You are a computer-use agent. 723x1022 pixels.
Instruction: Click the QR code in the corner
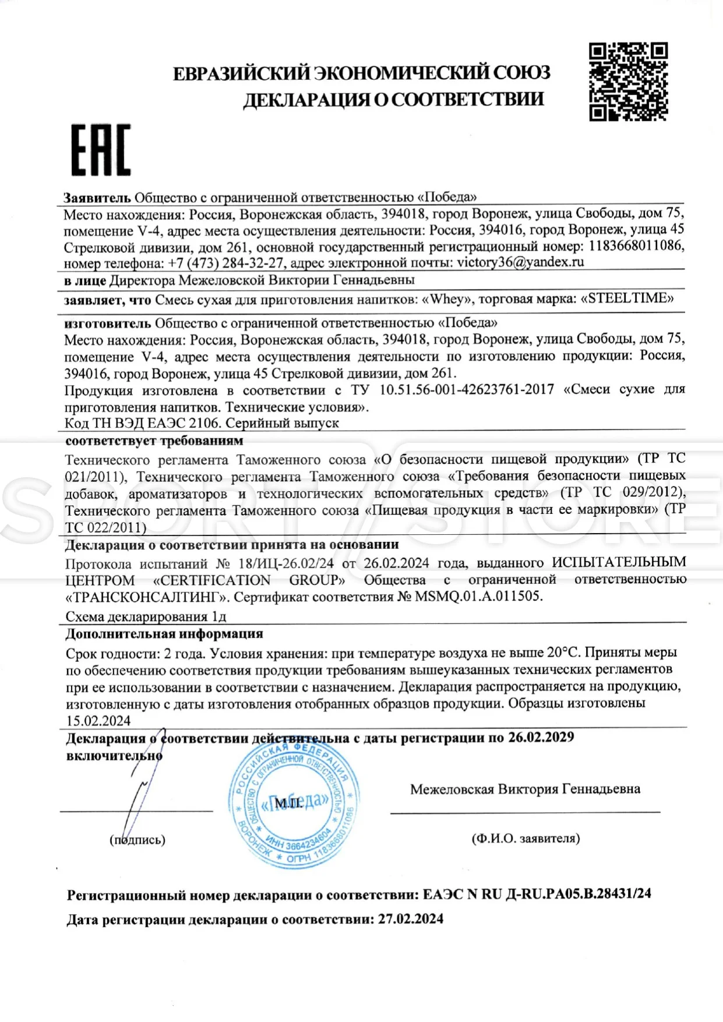pyautogui.click(x=627, y=81)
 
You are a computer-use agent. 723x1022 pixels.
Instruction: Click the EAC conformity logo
pyautogui.click(x=101, y=150)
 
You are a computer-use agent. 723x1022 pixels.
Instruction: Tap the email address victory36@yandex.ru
pyautogui.click(x=520, y=262)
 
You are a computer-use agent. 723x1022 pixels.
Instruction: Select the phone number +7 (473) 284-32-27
pyautogui.click(x=226, y=263)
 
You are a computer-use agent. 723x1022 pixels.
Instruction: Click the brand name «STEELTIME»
pyautogui.click(x=627, y=299)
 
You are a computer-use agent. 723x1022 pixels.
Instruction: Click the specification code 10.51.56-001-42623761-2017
pyautogui.click(x=467, y=389)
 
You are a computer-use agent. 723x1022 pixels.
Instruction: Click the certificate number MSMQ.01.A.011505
pyautogui.click(x=478, y=596)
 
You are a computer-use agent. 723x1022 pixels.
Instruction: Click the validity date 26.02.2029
pyautogui.click(x=541, y=738)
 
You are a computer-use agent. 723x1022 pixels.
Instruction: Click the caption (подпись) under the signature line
pyautogui.click(x=137, y=840)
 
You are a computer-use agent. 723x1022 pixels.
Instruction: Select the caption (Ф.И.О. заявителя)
pyautogui.click(x=526, y=838)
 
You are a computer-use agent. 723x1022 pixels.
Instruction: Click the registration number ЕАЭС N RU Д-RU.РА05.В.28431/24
pyautogui.click(x=537, y=894)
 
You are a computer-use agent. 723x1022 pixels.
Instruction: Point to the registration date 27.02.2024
pyautogui.click(x=411, y=919)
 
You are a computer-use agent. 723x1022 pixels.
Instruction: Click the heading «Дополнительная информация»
pyautogui.click(x=164, y=634)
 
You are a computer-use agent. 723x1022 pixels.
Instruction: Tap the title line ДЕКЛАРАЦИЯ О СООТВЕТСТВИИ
pyautogui.click(x=393, y=100)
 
